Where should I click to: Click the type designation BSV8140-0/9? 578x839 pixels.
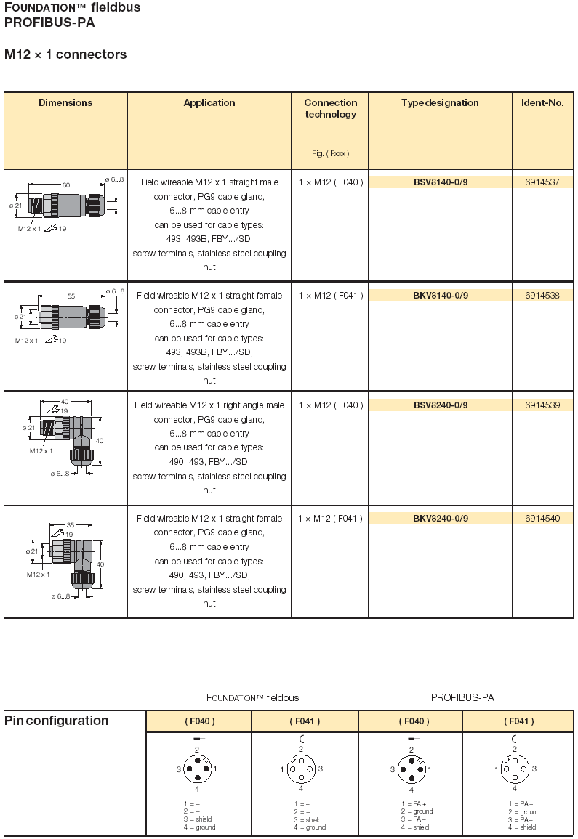[441, 182]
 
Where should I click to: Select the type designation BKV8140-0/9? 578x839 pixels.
[441, 296]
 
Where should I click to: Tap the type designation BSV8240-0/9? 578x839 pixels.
[441, 405]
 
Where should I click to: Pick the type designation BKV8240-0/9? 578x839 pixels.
[441, 519]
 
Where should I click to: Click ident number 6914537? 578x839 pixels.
[542, 182]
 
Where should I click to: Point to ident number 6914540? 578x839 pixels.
[542, 519]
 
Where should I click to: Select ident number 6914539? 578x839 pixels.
[542, 405]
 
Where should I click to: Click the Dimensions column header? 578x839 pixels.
[65, 103]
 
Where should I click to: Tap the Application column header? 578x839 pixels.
[209, 103]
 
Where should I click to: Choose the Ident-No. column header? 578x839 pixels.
[542, 103]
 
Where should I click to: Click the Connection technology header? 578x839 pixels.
[331, 108]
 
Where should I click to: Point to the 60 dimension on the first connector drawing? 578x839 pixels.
[65, 185]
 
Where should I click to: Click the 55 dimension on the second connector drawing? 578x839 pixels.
[71, 296]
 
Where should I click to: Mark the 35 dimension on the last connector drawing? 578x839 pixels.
[71, 524]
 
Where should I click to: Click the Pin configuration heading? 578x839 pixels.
[57, 721]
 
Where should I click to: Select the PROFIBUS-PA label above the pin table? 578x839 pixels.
[462, 697]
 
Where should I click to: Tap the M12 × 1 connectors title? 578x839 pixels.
[65, 54]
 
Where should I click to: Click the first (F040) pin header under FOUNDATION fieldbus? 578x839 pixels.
[199, 721]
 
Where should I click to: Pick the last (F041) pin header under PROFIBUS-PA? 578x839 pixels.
[518, 721]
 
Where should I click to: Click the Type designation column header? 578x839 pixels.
[440, 103]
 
